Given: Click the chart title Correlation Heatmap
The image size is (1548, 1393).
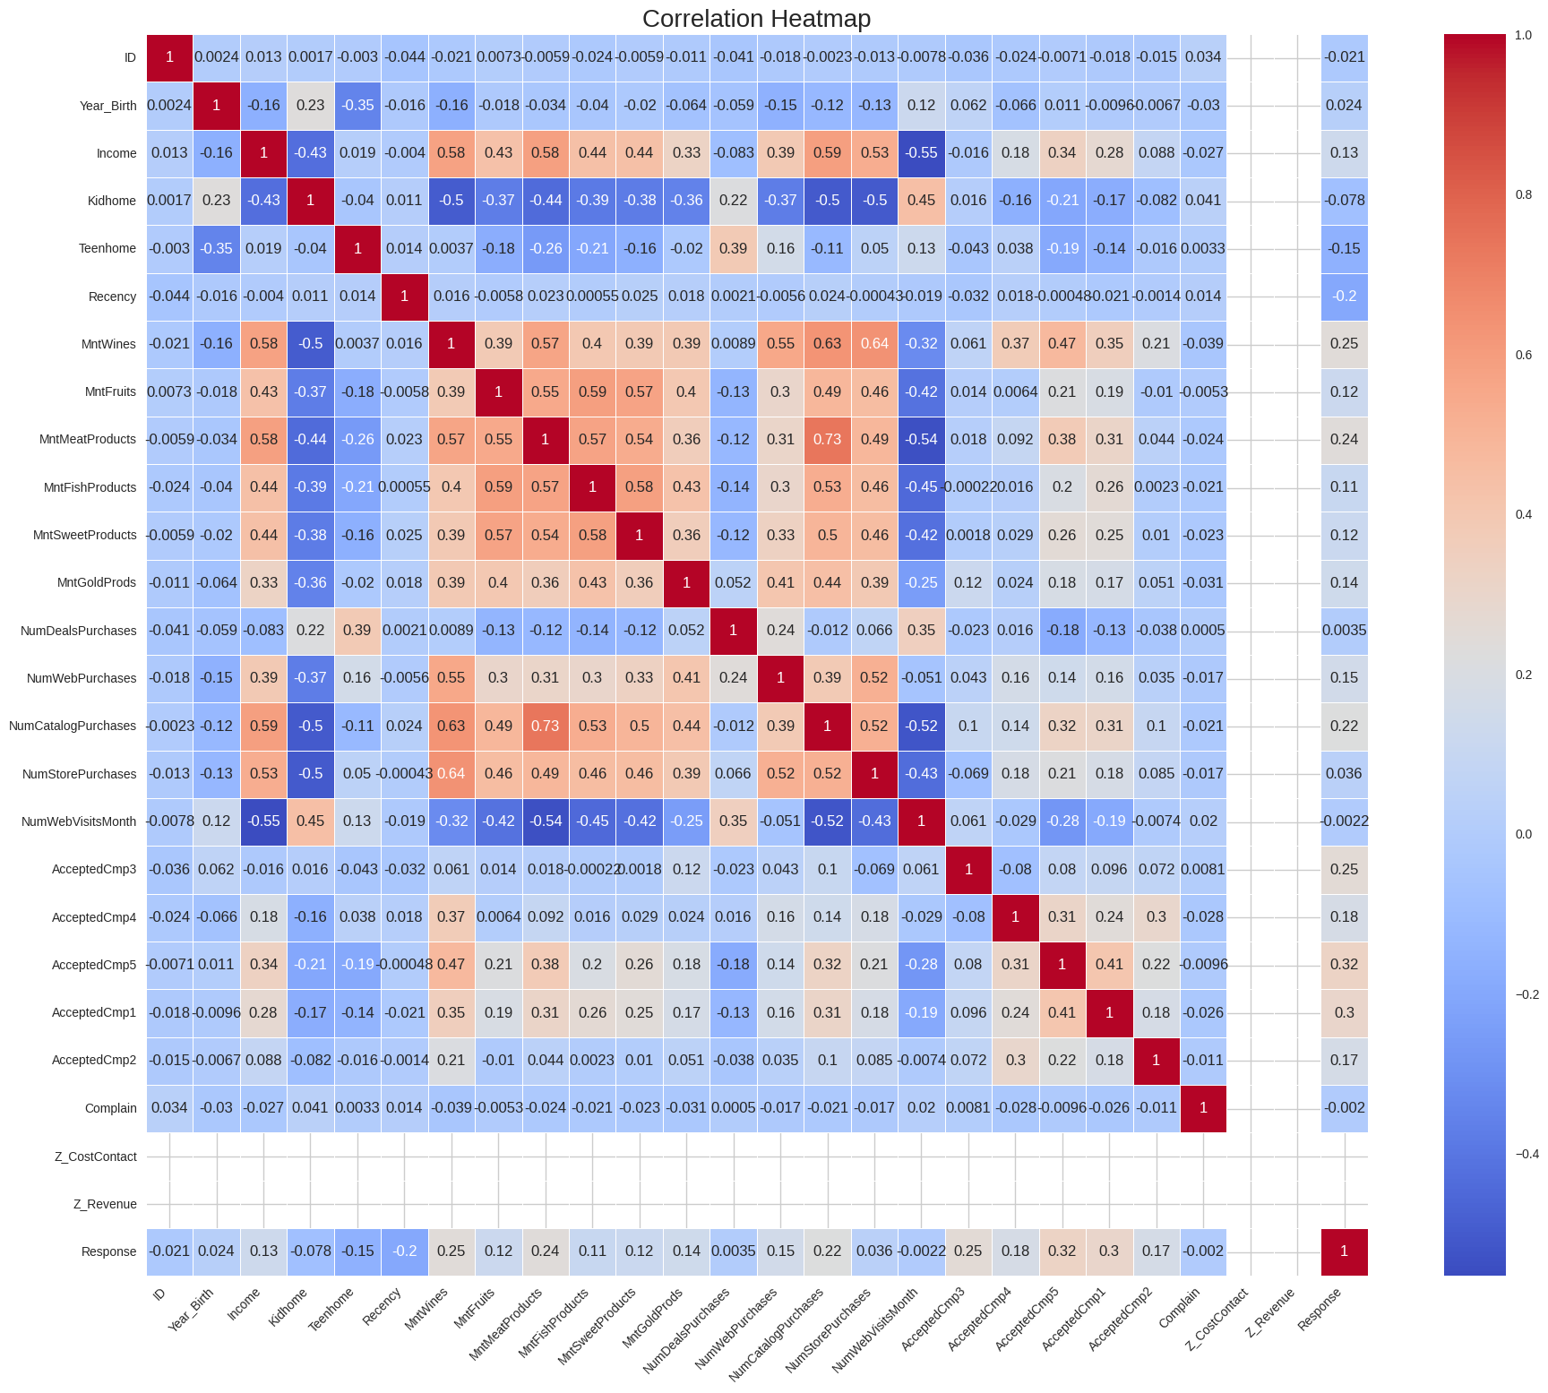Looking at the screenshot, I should (x=756, y=19).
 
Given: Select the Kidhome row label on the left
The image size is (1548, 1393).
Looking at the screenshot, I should (x=112, y=201).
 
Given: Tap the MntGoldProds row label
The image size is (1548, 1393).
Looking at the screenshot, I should (x=97, y=582).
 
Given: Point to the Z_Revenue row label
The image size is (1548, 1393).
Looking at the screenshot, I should (x=105, y=1204).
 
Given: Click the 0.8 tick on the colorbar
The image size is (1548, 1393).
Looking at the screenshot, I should (x=1523, y=194).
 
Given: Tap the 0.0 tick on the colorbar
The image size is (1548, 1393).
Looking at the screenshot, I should (x=1523, y=834).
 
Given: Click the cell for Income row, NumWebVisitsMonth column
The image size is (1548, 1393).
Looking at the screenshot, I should (x=921, y=153).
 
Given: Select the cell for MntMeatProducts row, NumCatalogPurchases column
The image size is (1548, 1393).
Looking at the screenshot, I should (x=827, y=439).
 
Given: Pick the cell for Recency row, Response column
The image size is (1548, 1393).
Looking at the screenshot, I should (x=1344, y=297).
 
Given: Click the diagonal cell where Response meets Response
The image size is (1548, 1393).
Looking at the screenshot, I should (x=1344, y=1251).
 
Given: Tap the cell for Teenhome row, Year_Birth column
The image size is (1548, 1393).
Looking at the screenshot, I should (x=217, y=248).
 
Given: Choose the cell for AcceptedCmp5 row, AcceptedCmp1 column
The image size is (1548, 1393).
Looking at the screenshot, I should (x=1109, y=965).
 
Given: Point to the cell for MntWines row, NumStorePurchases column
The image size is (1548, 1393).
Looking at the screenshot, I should (x=874, y=344).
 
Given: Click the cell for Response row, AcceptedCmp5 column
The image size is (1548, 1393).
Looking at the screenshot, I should (x=1062, y=1251).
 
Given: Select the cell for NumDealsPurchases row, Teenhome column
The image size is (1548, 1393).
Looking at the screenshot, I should (x=357, y=631).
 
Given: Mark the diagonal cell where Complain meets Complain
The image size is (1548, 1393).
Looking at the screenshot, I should (x=1203, y=1108).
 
